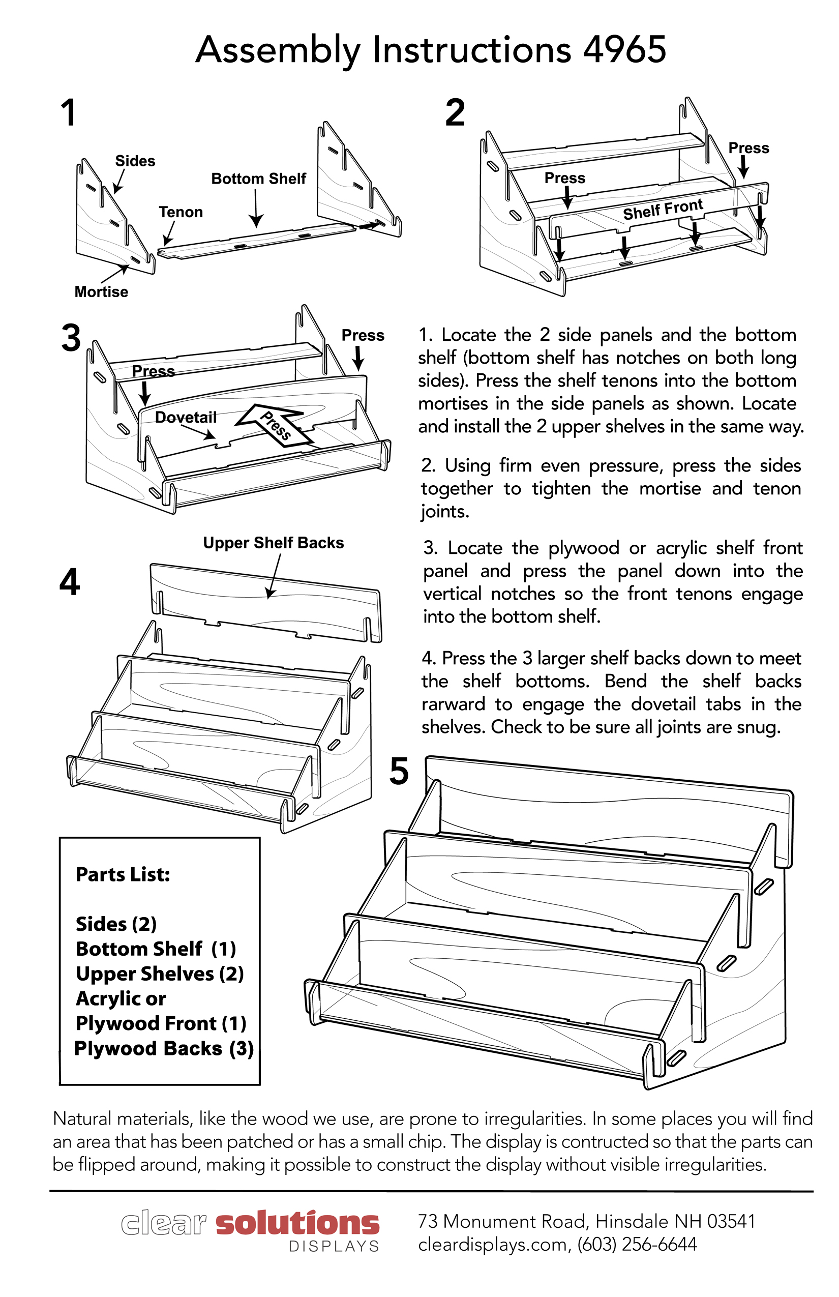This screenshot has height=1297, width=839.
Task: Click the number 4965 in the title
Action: (624, 50)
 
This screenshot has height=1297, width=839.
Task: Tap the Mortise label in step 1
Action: (101, 291)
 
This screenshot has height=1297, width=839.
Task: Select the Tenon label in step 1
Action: (181, 212)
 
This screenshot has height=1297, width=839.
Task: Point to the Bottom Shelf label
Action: (258, 179)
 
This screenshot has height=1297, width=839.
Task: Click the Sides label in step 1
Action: (135, 161)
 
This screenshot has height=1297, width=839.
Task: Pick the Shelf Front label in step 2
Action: (663, 209)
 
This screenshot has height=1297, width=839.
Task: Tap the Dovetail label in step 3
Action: (186, 418)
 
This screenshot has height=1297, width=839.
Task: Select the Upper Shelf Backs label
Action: (274, 543)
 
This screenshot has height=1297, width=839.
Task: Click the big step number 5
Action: (399, 772)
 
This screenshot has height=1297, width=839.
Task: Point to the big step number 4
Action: (70, 582)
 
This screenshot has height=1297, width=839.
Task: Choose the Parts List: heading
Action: (123, 875)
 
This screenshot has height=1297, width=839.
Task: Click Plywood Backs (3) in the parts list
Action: (164, 1048)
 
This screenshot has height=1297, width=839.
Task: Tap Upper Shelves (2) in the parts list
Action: (160, 974)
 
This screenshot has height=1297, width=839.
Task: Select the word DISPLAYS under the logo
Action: (334, 1246)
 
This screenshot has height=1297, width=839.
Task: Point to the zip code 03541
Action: (731, 1221)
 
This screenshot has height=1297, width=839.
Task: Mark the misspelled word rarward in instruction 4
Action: (453, 704)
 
